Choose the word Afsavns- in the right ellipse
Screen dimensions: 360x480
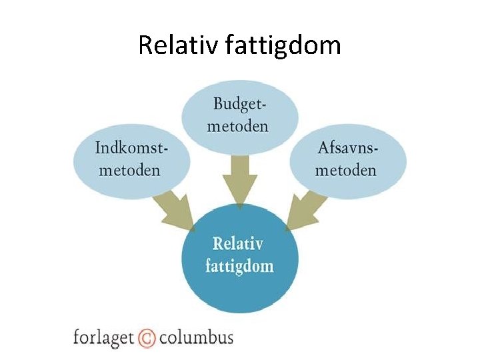pyautogui.click(x=346, y=147)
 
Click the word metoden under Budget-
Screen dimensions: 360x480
pyautogui.click(x=241, y=126)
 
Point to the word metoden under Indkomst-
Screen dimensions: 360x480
pyautogui.click(x=130, y=169)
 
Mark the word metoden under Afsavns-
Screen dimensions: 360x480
pyautogui.click(x=346, y=169)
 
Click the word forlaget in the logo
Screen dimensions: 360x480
pyautogui.click(x=103, y=337)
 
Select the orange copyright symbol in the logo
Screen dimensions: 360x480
pyautogui.click(x=147, y=338)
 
